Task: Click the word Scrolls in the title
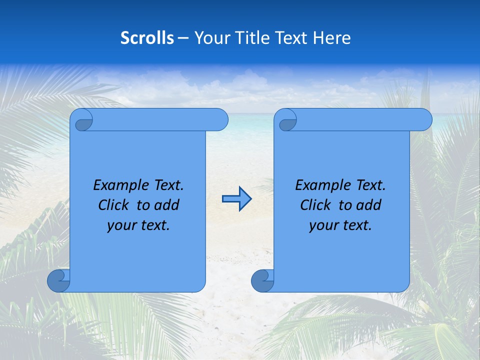pyautogui.click(x=147, y=38)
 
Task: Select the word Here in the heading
pyautogui.click(x=331, y=38)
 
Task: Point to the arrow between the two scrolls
pyautogui.click(x=236, y=198)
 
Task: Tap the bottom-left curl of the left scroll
pyautogui.click(x=58, y=280)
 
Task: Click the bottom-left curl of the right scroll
pyautogui.click(x=262, y=280)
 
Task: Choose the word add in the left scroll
pyautogui.click(x=167, y=205)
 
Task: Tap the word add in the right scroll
pyautogui.click(x=369, y=205)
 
